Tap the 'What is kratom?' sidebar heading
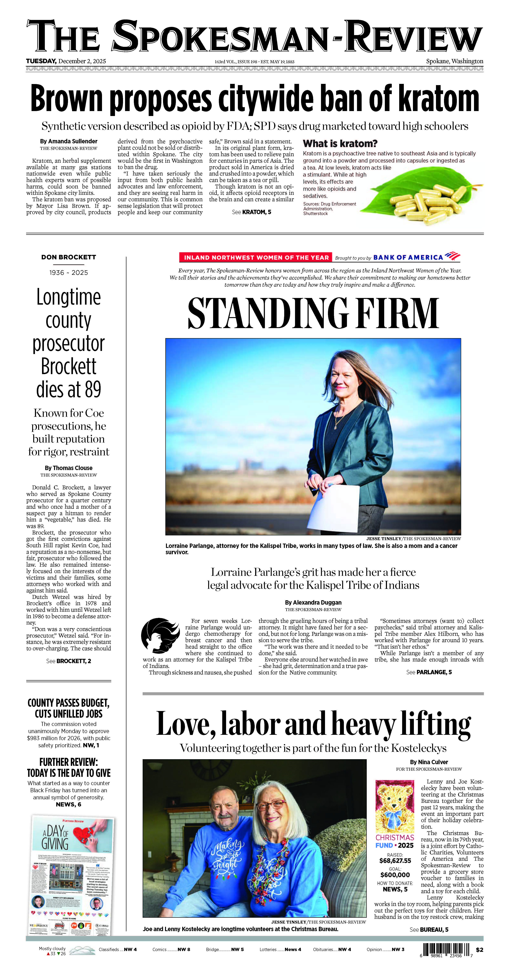point(340,144)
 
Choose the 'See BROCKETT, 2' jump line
point(69,661)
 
